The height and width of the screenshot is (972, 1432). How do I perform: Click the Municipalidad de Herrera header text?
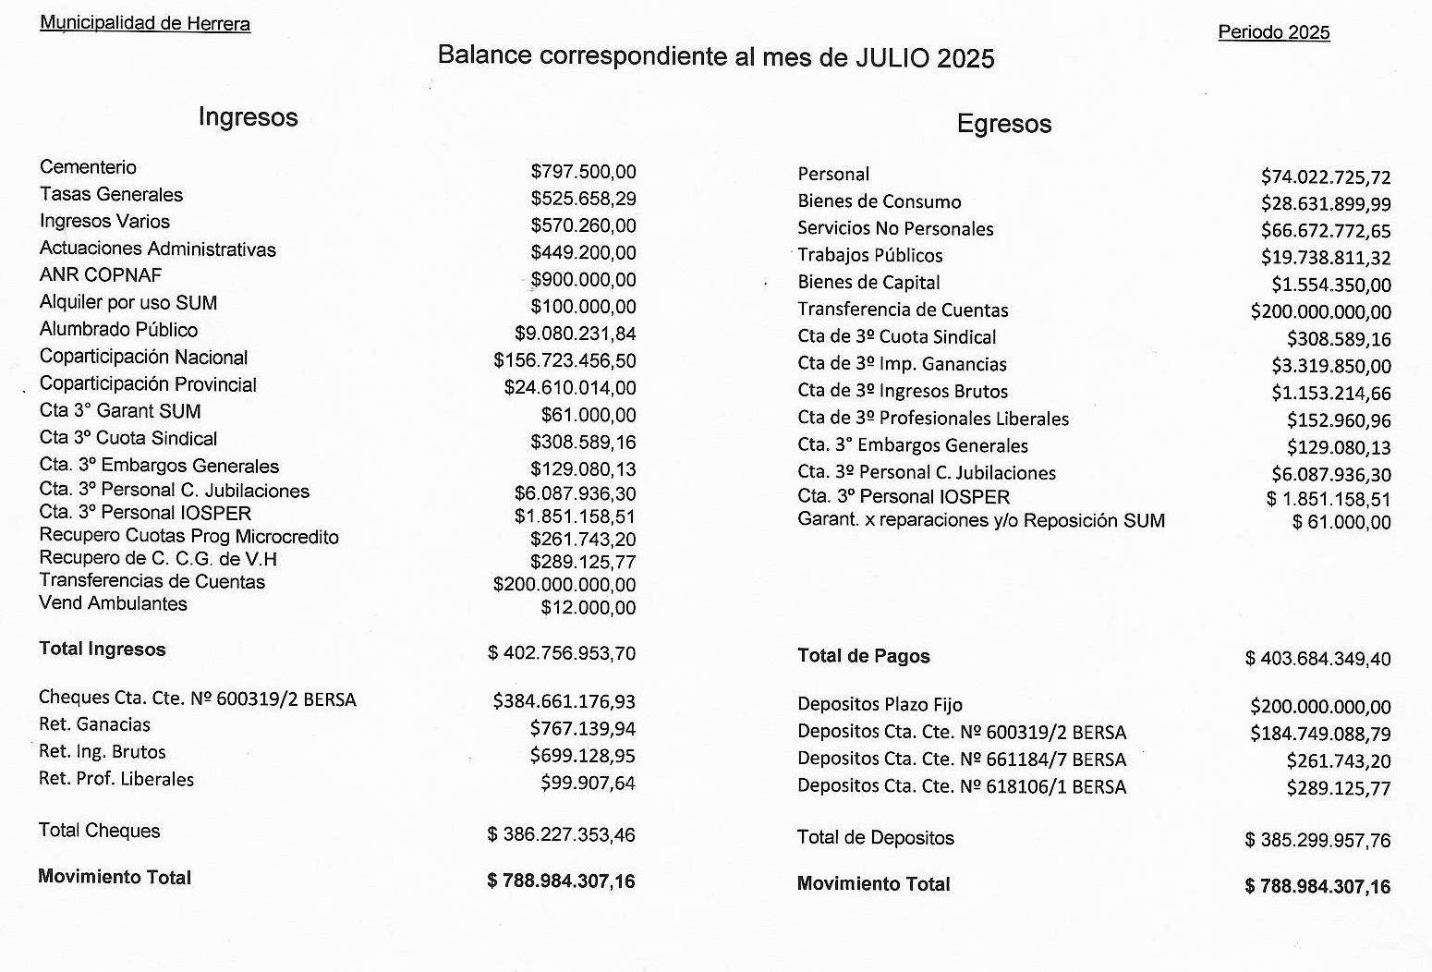coord(145,23)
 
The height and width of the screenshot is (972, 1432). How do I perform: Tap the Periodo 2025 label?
coord(1273,32)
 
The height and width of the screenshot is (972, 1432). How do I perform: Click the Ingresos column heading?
coord(248,117)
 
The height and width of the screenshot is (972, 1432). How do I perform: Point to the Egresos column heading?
coord(1003,124)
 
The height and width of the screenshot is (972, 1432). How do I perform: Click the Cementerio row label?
coord(88,167)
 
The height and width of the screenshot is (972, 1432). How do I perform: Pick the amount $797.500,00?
coord(583,172)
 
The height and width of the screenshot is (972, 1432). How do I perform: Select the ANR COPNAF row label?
coord(101,275)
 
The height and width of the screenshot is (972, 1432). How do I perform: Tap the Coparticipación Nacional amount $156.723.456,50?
coord(564,361)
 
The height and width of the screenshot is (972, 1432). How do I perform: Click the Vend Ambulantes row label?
coord(113,603)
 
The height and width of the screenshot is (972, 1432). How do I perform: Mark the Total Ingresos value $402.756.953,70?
coord(561,653)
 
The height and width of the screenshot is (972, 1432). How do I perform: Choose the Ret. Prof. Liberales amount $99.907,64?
coord(588,784)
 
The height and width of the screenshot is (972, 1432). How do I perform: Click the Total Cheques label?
coord(99,831)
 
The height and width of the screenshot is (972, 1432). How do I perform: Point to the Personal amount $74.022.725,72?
coord(1325,176)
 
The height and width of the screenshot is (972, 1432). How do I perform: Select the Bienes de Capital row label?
coord(868,283)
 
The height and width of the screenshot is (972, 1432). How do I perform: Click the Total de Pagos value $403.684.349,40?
coord(1317,659)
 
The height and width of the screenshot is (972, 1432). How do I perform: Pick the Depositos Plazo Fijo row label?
coord(880,705)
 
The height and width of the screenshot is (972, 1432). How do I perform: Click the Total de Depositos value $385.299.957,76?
coord(1317,841)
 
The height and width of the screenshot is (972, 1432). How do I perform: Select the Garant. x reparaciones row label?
coord(981,520)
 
